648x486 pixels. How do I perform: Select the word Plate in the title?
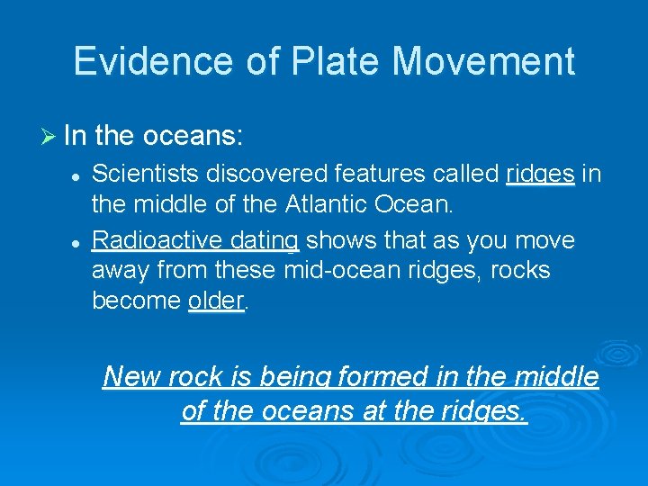coord(330,61)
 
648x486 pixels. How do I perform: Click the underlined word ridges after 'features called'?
coord(540,174)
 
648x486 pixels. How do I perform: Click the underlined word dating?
coord(264,240)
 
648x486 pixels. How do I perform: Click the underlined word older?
coord(216,301)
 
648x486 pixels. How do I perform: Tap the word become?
coord(136,301)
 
